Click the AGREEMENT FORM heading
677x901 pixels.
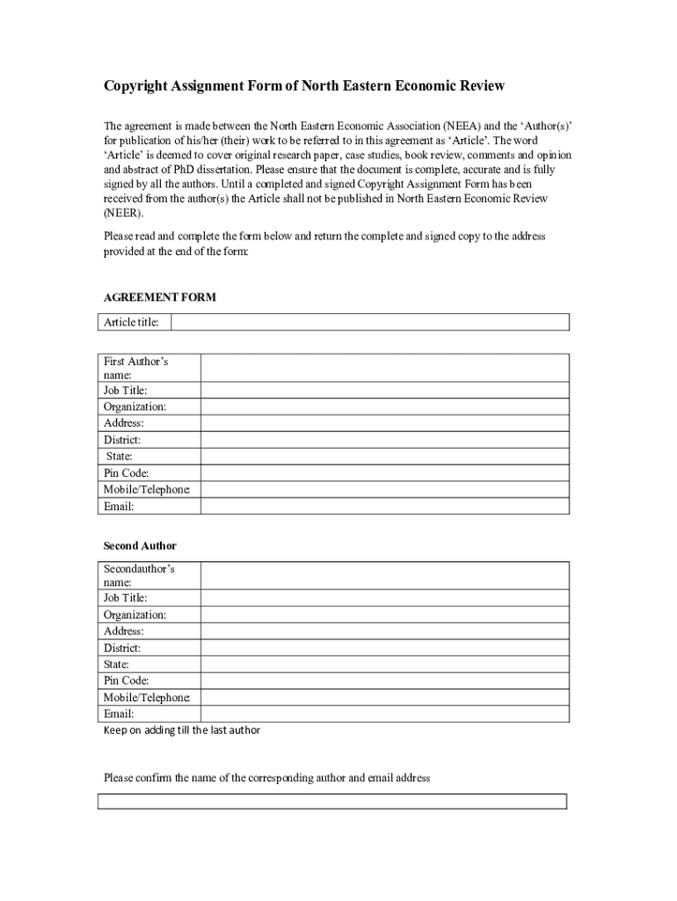click(160, 297)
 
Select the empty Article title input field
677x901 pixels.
click(369, 322)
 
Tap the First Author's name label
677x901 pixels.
click(135, 368)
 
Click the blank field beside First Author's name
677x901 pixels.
click(384, 368)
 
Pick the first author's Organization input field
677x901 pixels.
click(384, 407)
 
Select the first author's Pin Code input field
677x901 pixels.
click(384, 472)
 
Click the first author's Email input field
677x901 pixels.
click(384, 506)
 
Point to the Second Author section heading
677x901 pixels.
click(140, 546)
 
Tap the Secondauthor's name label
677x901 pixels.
click(139, 575)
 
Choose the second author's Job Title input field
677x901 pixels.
click(384, 597)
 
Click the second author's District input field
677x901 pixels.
click(384, 648)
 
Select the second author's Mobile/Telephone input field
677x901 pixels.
click(384, 697)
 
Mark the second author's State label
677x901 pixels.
click(116, 664)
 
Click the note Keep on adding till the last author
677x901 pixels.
click(182, 730)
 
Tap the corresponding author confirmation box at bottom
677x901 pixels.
click(331, 802)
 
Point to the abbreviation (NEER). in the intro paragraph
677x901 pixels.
click(123, 213)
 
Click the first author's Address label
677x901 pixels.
click(124, 423)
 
